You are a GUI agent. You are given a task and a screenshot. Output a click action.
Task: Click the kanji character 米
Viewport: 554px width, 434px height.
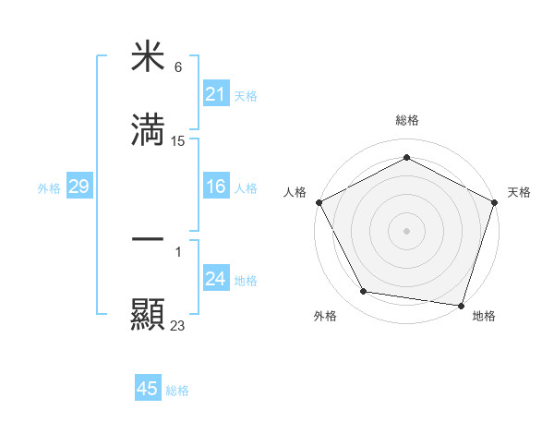click(x=148, y=57)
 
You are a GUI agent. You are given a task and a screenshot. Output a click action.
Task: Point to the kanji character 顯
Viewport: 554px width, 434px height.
click(x=148, y=314)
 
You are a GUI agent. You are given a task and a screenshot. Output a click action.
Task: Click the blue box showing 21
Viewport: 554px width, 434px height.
click(x=215, y=94)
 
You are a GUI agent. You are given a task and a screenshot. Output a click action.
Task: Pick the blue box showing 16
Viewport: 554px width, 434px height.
click(x=215, y=187)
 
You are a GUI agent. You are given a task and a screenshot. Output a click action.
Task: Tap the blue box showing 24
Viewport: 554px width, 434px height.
click(x=215, y=280)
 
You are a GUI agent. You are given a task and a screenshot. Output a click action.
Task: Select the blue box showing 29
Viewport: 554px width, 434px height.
click(x=78, y=187)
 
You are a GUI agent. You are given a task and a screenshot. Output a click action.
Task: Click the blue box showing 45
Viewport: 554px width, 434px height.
click(x=148, y=389)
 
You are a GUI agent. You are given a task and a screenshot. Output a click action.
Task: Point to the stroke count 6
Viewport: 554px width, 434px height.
click(x=178, y=67)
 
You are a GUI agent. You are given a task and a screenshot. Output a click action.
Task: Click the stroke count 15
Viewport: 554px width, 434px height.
click(x=178, y=141)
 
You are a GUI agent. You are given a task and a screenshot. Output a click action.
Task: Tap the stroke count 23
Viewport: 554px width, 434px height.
click(x=178, y=325)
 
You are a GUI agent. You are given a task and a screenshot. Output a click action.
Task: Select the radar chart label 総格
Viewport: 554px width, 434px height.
click(x=406, y=120)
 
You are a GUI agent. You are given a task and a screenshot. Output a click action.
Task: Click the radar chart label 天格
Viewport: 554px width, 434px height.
click(x=519, y=192)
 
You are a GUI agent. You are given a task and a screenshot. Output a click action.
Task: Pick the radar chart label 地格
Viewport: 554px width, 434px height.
click(x=484, y=316)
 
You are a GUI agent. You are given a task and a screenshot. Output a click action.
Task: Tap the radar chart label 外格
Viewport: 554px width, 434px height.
click(x=325, y=316)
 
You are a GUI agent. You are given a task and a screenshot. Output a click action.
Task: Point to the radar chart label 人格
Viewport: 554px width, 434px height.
click(x=295, y=192)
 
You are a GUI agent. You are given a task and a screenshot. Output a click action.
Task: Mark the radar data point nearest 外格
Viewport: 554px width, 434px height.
click(x=364, y=292)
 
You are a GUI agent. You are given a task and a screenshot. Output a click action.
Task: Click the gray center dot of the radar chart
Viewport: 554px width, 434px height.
click(x=406, y=230)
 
